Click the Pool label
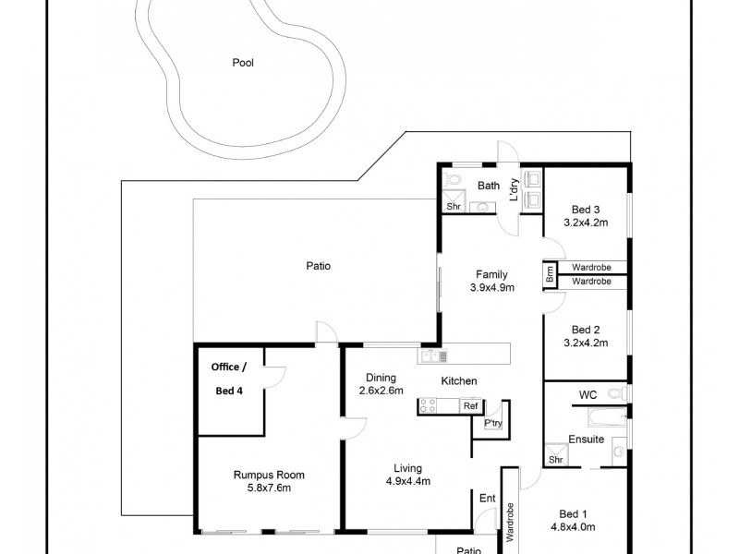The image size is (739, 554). click(x=243, y=64)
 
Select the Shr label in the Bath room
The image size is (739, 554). click(x=454, y=207)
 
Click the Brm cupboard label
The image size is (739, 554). click(x=551, y=273)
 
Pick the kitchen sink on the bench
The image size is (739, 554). click(x=430, y=355)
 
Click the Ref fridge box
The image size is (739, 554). click(x=470, y=405)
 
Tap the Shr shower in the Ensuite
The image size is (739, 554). click(x=556, y=458)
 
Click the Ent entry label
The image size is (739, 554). click(x=488, y=499)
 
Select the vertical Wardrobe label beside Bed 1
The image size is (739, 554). click(x=509, y=523)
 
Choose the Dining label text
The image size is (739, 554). click(x=381, y=378)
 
